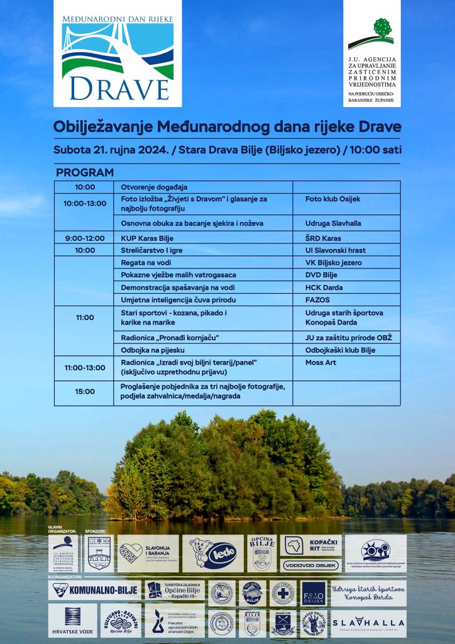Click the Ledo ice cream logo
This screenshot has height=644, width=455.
(x=213, y=553)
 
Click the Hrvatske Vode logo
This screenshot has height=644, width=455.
(x=73, y=620)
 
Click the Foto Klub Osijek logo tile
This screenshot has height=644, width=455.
(x=314, y=592)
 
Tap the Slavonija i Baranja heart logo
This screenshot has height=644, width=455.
(x=148, y=553)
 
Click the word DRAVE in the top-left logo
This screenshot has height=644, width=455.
(x=118, y=87)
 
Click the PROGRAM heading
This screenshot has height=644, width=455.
(x=85, y=172)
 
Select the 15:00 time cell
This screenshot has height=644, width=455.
(x=85, y=391)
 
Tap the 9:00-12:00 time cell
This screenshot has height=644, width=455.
(x=85, y=238)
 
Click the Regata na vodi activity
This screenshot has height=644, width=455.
(x=146, y=262)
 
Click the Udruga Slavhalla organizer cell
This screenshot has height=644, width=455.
(x=333, y=223)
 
